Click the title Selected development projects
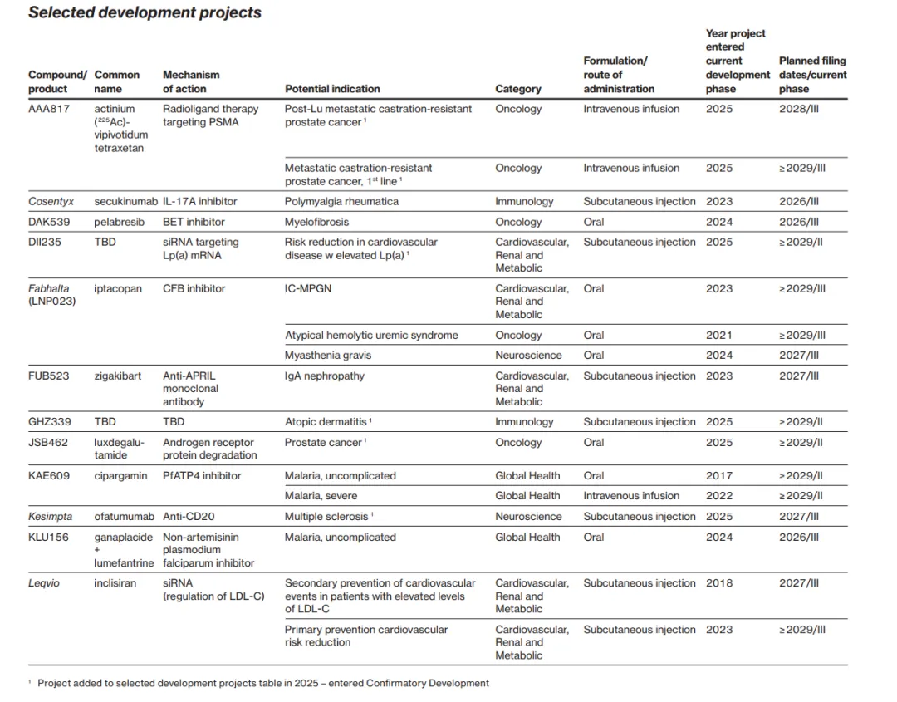145,13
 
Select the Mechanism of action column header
184,81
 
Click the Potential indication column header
332,89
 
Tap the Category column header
517,89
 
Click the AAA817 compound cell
48,109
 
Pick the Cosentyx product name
51,202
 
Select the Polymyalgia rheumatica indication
341,202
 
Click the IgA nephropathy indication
324,376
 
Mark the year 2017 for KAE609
719,476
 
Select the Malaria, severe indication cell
321,496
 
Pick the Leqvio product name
45,583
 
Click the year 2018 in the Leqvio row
719,583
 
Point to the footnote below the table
262,683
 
